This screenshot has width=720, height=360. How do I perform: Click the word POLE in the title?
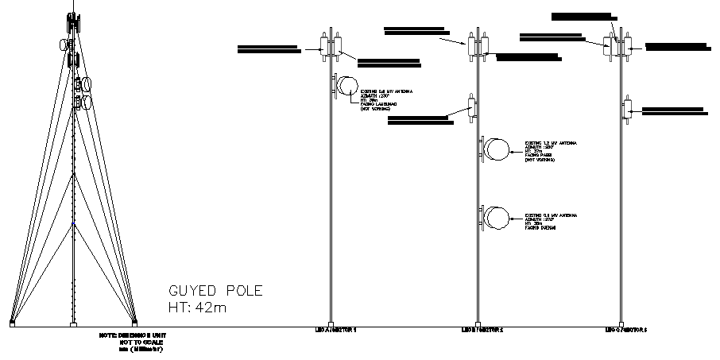242,291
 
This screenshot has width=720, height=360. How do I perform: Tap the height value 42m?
210,308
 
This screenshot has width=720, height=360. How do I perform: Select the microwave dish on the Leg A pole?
347,87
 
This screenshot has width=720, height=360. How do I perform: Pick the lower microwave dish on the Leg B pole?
497,217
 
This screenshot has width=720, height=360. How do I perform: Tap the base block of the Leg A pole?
331,323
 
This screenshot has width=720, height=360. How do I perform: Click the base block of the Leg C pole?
621,323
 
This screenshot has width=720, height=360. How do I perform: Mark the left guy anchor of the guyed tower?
12,323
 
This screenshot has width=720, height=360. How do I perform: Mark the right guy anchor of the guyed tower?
134,323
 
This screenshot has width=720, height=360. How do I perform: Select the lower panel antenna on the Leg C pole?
627,109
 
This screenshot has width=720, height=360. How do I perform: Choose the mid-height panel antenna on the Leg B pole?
472,106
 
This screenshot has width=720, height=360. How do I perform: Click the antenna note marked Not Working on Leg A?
381,100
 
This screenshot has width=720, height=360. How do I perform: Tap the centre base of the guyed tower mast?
74,324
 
